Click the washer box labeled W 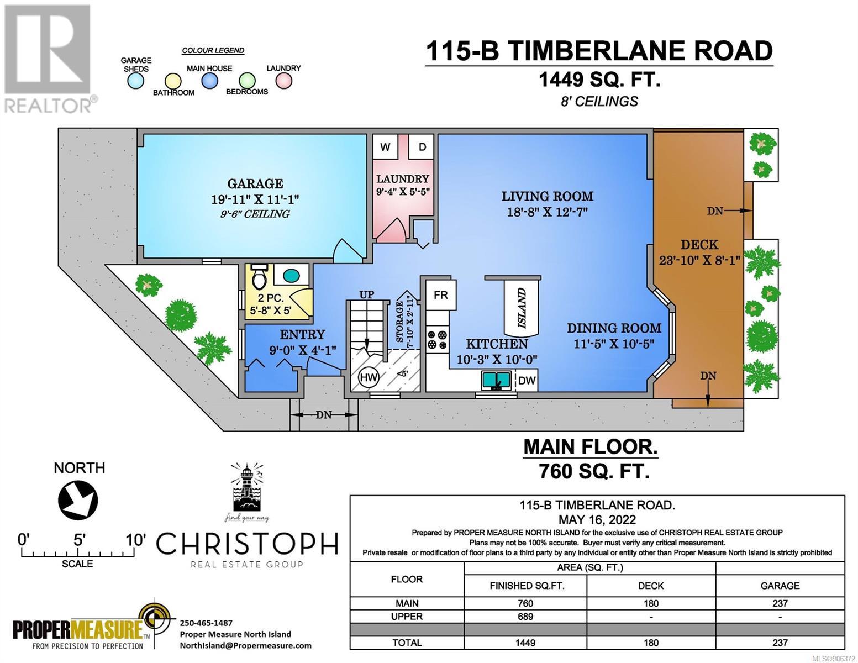[x=386, y=147]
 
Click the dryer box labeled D [x=422, y=147]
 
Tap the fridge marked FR [x=441, y=295]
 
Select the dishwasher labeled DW [x=527, y=380]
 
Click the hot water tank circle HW [x=369, y=377]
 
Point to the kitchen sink [x=497, y=381]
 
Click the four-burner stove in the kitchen [x=438, y=340]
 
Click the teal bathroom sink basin [x=291, y=275]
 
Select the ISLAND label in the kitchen [x=522, y=308]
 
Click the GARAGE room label [x=255, y=183]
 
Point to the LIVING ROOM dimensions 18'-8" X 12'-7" [x=548, y=212]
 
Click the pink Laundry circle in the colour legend [x=283, y=81]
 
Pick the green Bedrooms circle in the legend [x=247, y=81]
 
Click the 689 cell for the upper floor [x=525, y=617]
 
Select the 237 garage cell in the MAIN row [x=780, y=603]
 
